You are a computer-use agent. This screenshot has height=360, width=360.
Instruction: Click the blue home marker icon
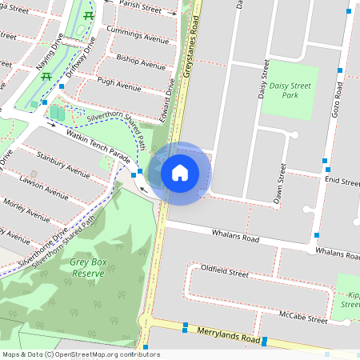180,172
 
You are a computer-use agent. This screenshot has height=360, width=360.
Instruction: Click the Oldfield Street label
225,272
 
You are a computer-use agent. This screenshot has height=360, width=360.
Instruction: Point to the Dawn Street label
280,184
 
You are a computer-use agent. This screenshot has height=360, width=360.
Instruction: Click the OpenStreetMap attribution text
81,354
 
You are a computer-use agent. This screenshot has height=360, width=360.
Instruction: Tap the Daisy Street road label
262,80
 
